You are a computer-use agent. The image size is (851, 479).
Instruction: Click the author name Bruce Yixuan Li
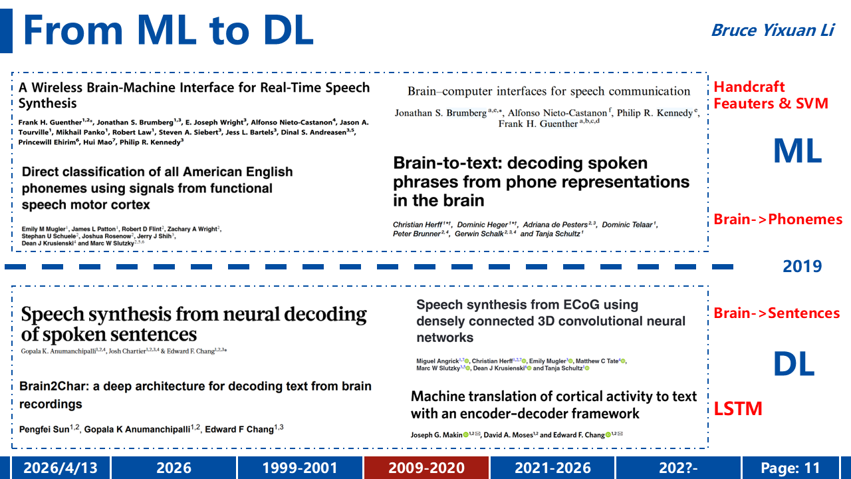pos(773,31)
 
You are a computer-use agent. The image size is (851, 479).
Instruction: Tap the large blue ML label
pos(797,151)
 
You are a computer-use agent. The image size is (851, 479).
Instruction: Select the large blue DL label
pos(794,363)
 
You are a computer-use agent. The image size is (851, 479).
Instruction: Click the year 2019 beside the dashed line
pos(802,266)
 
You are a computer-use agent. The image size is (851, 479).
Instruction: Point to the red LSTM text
pos(738,408)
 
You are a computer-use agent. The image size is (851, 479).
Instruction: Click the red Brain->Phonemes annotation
pos(778,219)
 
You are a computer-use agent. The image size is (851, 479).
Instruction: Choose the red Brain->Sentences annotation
pos(777,313)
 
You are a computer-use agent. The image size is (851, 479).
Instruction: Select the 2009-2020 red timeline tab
pos(426,468)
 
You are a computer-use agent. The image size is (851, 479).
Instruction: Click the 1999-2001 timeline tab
pos(300,468)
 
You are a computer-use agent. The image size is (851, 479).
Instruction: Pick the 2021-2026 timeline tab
pos(552,468)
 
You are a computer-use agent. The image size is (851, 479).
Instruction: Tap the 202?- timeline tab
pos(678,468)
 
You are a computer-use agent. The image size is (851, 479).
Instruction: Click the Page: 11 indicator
pos(790,468)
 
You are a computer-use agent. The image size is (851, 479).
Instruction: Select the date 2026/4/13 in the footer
pos(61,468)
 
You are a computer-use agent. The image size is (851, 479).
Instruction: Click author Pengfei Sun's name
pos(44,429)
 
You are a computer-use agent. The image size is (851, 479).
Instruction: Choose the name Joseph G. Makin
pos(437,435)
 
